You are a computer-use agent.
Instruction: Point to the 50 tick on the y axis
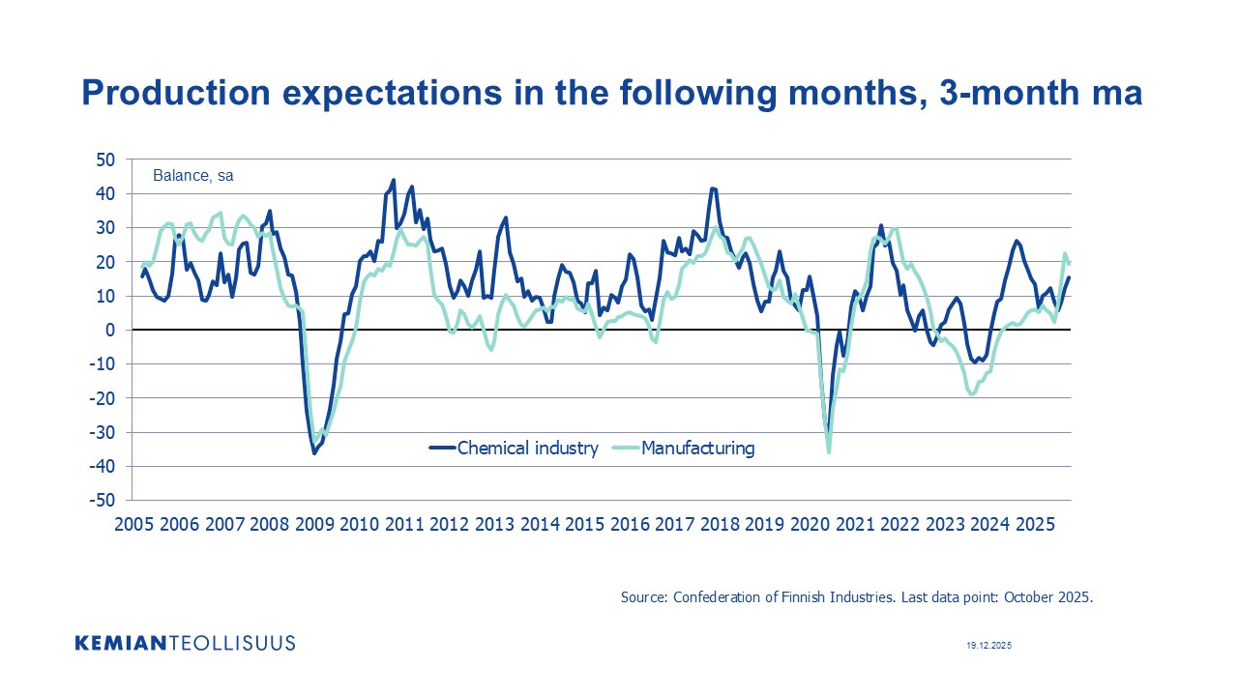104,159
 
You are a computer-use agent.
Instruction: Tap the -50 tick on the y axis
102,500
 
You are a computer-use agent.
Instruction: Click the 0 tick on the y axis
109,330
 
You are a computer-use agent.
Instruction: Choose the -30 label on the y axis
102,432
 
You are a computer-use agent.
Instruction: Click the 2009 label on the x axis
314,525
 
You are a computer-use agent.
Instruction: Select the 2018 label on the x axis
720,525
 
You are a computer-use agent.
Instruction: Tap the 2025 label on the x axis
1035,525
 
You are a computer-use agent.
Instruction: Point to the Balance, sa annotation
192,176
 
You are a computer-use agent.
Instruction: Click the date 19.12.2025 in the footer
988,645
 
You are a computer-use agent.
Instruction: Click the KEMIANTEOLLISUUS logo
185,643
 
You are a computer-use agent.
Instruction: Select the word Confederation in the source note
719,597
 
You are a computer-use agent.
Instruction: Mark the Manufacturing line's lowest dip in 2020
829,451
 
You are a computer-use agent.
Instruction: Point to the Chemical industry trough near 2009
314,452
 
